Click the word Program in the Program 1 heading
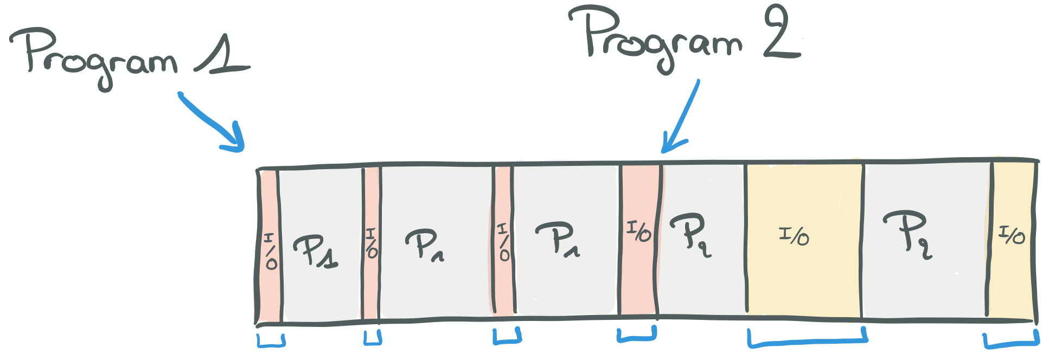point(100,59)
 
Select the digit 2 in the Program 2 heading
point(781,35)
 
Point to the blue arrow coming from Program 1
point(214,124)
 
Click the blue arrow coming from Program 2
point(681,117)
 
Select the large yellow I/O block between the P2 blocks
point(804,239)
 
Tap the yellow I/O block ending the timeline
point(1012,239)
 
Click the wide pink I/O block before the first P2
point(639,239)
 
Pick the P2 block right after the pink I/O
point(701,239)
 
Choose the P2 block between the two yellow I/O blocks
point(925,239)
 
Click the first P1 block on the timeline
point(320,244)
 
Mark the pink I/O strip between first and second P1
point(372,244)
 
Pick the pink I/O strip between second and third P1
point(503,241)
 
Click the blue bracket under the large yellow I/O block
point(807,340)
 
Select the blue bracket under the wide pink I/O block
point(637,338)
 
